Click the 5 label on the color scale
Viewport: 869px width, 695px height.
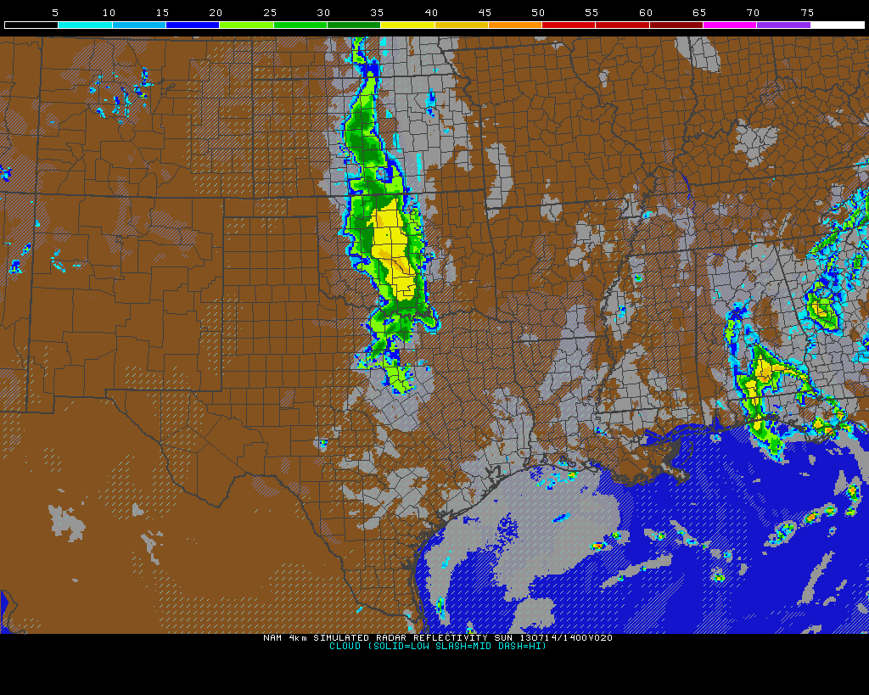point(55,13)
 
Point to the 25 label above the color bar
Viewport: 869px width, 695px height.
point(270,13)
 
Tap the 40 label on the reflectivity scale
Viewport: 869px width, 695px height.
point(431,13)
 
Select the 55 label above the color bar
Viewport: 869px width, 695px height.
point(591,13)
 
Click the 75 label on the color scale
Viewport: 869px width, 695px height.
point(807,13)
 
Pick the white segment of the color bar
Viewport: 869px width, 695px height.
point(837,25)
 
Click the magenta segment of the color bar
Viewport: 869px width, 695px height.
point(729,25)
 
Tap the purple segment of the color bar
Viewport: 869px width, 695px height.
point(782,25)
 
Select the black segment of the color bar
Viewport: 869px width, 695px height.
point(31,25)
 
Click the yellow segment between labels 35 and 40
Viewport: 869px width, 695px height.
point(407,25)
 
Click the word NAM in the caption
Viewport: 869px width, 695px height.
point(272,637)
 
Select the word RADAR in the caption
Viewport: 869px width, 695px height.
point(394,637)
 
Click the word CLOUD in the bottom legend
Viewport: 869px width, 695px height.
point(345,646)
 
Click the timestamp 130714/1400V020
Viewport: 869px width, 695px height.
point(566,637)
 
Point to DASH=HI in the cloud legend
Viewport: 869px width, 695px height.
point(524,646)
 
